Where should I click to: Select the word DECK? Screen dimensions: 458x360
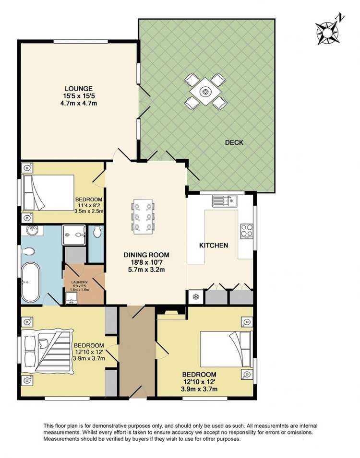click(234, 142)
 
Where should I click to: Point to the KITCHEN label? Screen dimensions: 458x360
click(214, 246)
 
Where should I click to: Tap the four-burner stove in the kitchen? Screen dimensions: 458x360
click(246, 231)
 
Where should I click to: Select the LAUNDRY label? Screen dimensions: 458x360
click(79, 282)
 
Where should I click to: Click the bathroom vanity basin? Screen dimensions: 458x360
click(32, 231)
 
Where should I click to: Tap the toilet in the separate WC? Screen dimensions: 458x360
click(98, 232)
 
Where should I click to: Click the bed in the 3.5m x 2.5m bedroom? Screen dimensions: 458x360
click(48, 193)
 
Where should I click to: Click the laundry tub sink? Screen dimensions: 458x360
click(71, 300)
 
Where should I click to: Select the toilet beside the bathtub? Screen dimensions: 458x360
click(28, 251)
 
